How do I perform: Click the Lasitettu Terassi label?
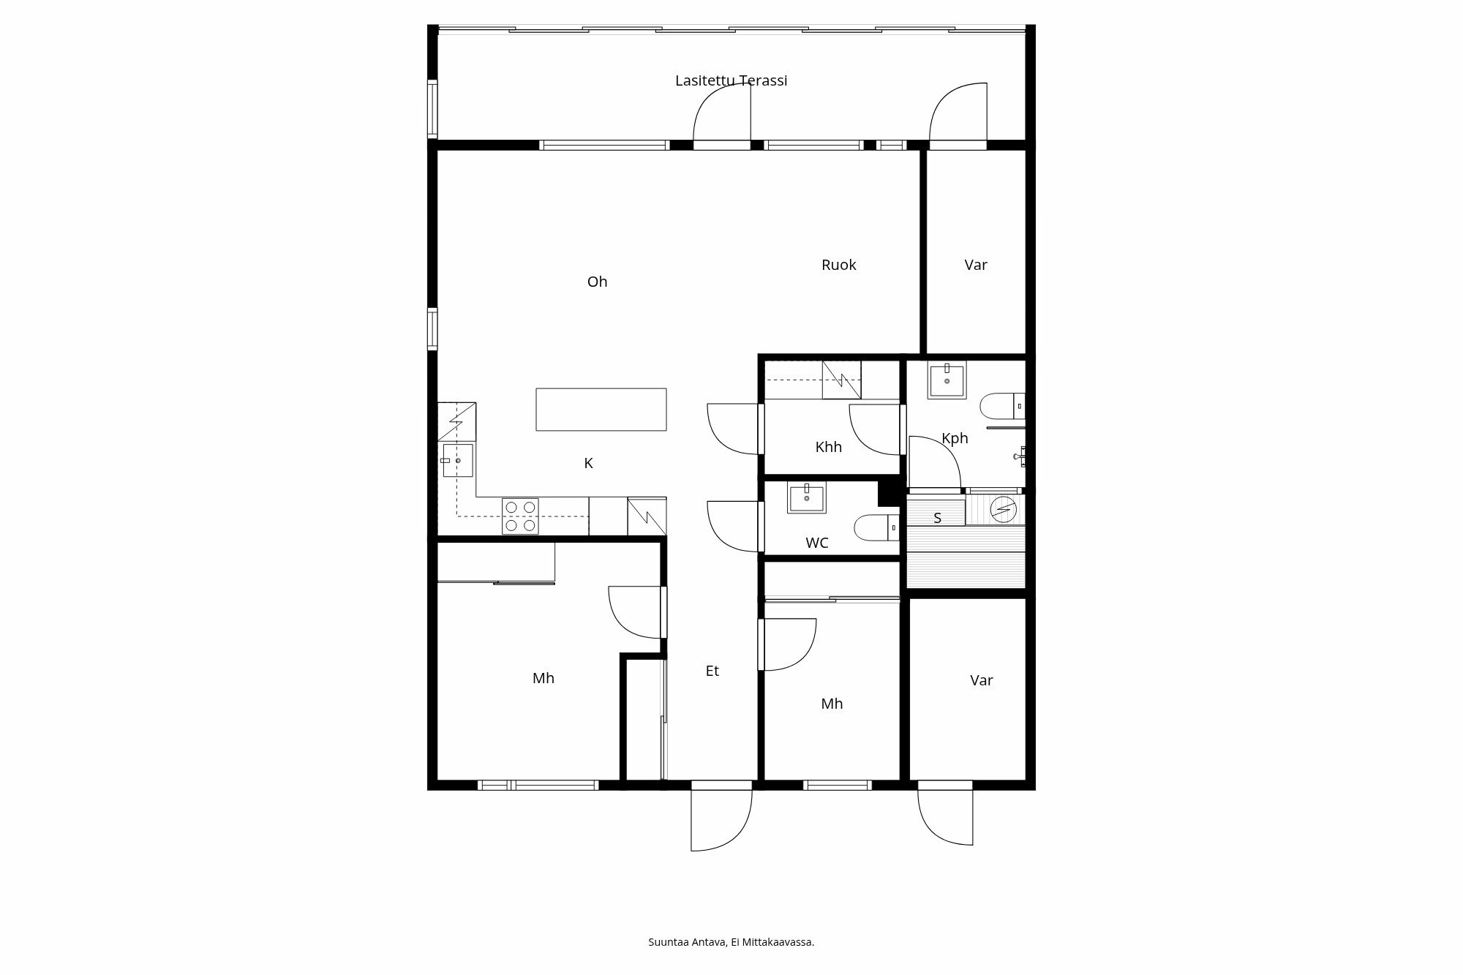click(731, 80)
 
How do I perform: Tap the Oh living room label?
click(597, 282)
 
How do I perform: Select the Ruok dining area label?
click(838, 265)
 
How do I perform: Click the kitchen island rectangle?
click(601, 410)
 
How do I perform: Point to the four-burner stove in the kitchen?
click(520, 516)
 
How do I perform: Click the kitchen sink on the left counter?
click(457, 461)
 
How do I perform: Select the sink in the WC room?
click(806, 498)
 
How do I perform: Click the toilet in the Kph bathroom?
click(1000, 405)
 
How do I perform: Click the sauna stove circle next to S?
click(1003, 509)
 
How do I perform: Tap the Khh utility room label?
click(828, 447)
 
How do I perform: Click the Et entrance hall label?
click(712, 671)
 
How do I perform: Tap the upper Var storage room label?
click(975, 265)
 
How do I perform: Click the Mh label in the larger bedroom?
click(543, 678)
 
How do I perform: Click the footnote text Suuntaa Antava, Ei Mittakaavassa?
click(731, 942)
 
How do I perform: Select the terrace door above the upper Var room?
click(958, 113)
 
